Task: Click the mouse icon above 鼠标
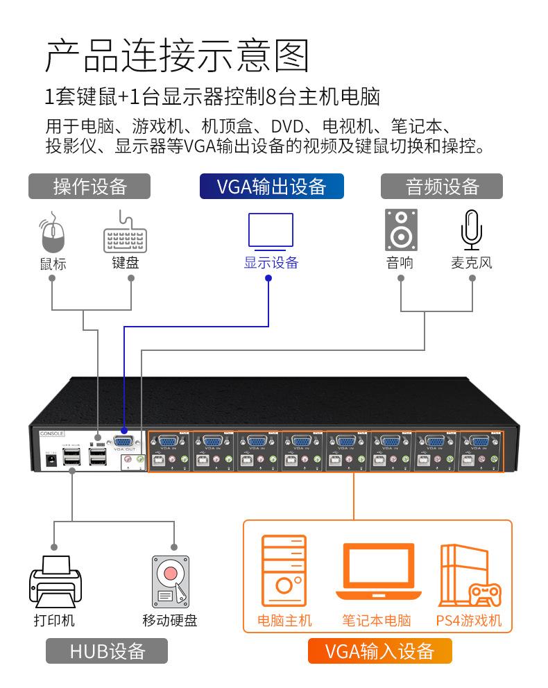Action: (x=52, y=235)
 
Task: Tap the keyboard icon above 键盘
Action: (x=125, y=236)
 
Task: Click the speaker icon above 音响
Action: (x=401, y=230)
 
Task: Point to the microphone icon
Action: (x=472, y=230)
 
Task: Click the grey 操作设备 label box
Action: (x=89, y=187)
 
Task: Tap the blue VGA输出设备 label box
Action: (x=271, y=187)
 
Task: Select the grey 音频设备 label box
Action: (x=442, y=187)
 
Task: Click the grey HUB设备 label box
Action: (x=107, y=651)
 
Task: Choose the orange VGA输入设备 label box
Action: (x=379, y=651)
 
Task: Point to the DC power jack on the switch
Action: (x=50, y=461)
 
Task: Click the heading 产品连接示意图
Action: (x=176, y=56)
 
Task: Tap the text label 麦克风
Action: (x=472, y=263)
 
